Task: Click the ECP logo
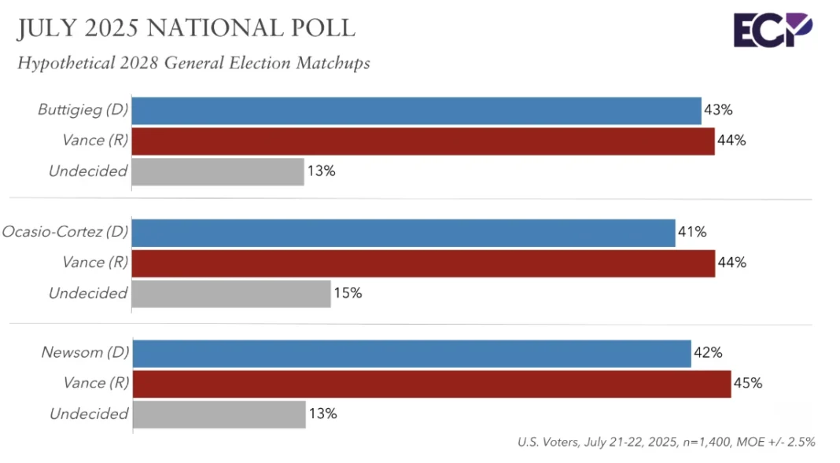click(772, 31)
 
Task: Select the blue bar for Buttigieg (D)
click(416, 111)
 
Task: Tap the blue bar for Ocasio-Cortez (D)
click(403, 233)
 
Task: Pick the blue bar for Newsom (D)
click(411, 353)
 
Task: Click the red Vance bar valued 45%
click(431, 384)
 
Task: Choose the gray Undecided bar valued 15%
click(230, 293)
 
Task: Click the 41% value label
click(692, 232)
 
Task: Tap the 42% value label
click(708, 353)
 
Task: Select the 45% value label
click(747, 384)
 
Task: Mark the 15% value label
click(347, 293)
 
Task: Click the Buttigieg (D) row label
click(83, 110)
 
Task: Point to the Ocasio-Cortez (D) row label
click(64, 232)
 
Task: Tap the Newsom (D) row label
click(84, 353)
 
